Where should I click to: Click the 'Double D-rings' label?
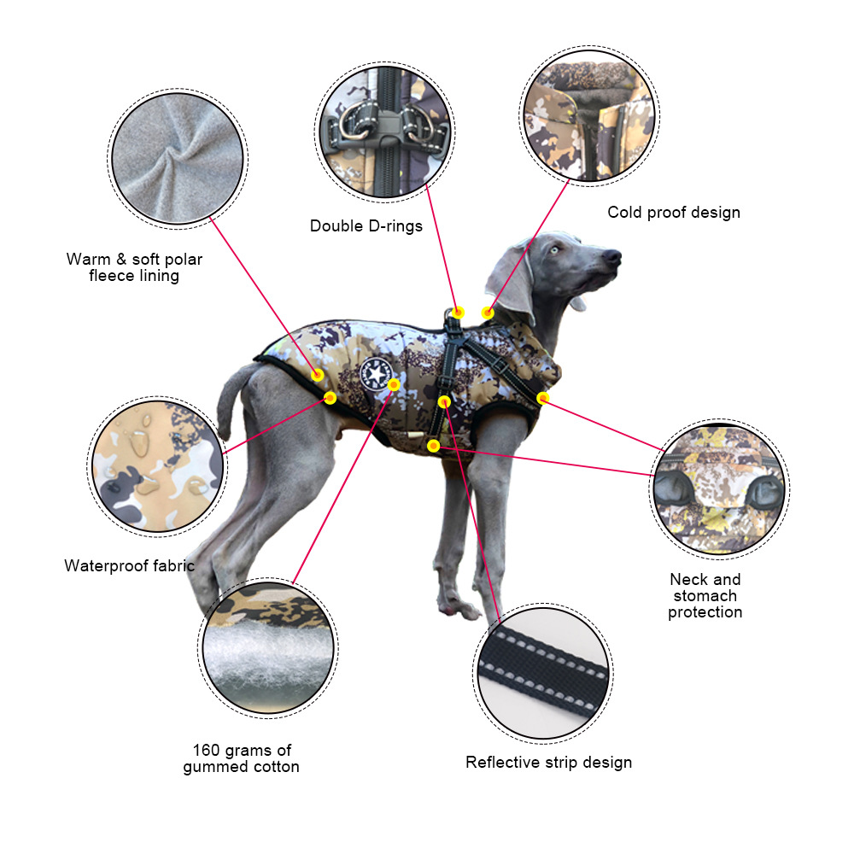[x=366, y=226]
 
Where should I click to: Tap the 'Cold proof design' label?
[x=674, y=213]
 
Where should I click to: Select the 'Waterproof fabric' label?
[x=129, y=565]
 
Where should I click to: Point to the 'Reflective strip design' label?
[x=548, y=762]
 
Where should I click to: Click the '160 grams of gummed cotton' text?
[x=242, y=758]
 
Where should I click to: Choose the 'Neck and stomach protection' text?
[x=705, y=595]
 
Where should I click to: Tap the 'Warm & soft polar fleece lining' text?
[x=134, y=266]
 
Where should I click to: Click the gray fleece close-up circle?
[x=178, y=159]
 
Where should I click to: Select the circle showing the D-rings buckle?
[x=384, y=132]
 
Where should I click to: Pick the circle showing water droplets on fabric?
[x=157, y=467]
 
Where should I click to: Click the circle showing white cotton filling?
[x=268, y=647]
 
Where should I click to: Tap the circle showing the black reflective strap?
[x=543, y=673]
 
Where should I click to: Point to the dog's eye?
[x=554, y=250]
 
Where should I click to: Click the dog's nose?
[x=613, y=256]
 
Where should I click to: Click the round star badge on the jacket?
[x=376, y=374]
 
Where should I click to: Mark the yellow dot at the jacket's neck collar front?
[x=542, y=398]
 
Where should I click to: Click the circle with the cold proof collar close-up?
[x=589, y=116]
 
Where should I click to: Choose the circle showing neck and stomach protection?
[x=719, y=489]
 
